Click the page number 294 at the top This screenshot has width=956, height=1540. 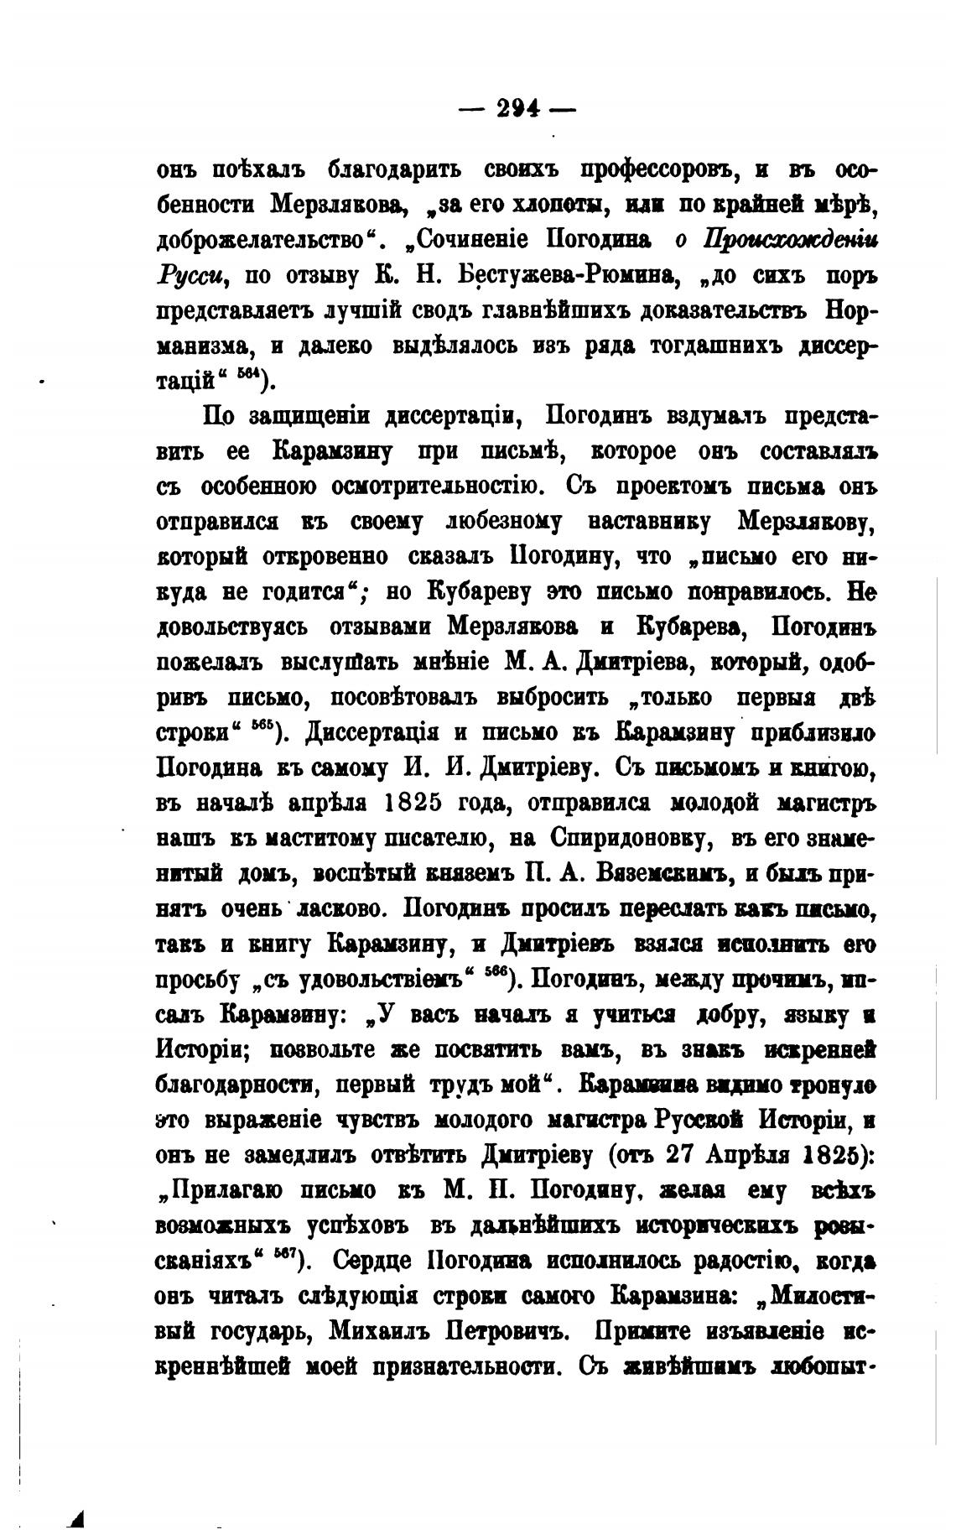click(517, 109)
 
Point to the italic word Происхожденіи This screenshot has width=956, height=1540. click(791, 240)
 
